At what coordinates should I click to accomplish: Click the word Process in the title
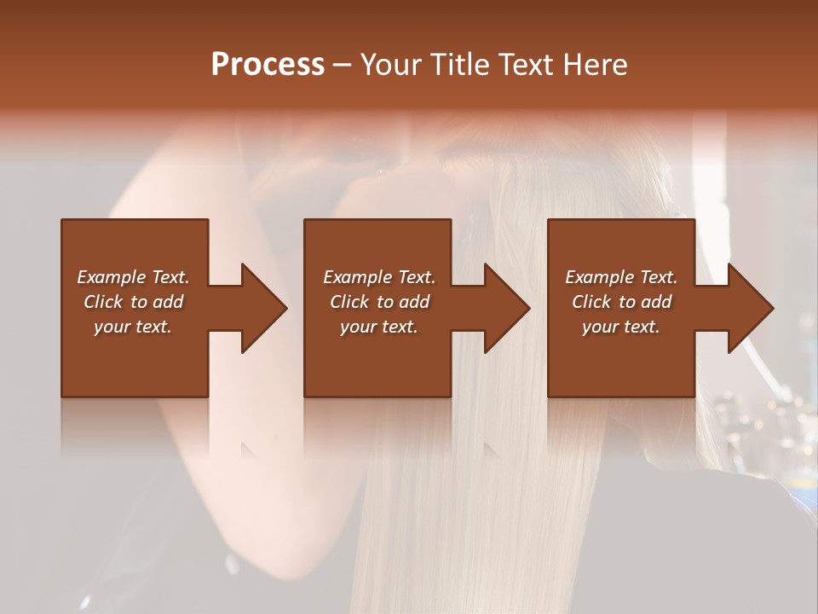(268, 65)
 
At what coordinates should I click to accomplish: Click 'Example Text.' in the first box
(133, 277)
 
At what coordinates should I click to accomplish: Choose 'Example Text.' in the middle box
(378, 277)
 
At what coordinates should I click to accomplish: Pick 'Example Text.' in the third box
(621, 277)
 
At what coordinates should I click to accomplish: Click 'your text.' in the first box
(133, 327)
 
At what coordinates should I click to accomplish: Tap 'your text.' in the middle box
(378, 327)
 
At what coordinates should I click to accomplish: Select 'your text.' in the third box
(621, 327)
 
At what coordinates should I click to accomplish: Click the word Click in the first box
(103, 302)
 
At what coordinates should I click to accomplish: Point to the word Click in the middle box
(349, 302)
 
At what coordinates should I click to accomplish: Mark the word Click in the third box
(591, 302)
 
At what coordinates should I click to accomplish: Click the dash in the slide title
(342, 65)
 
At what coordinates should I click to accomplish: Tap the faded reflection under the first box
(135, 426)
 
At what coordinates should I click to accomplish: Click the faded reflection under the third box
(621, 426)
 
